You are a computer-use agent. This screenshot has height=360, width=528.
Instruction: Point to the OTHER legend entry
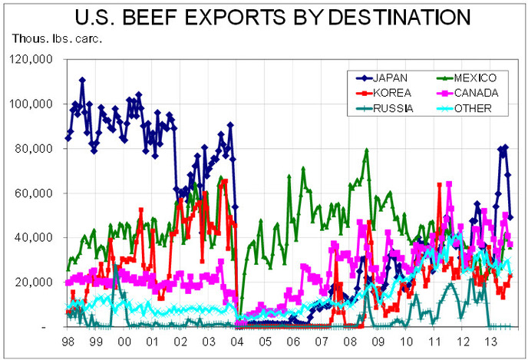tap(473, 107)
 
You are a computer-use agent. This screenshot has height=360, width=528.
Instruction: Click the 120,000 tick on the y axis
tap(30, 59)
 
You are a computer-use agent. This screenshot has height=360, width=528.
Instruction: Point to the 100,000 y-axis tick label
tap(30, 104)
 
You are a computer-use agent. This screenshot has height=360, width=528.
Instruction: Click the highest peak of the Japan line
tap(82, 79)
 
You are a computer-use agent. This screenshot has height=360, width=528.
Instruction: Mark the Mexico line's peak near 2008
tap(367, 150)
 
